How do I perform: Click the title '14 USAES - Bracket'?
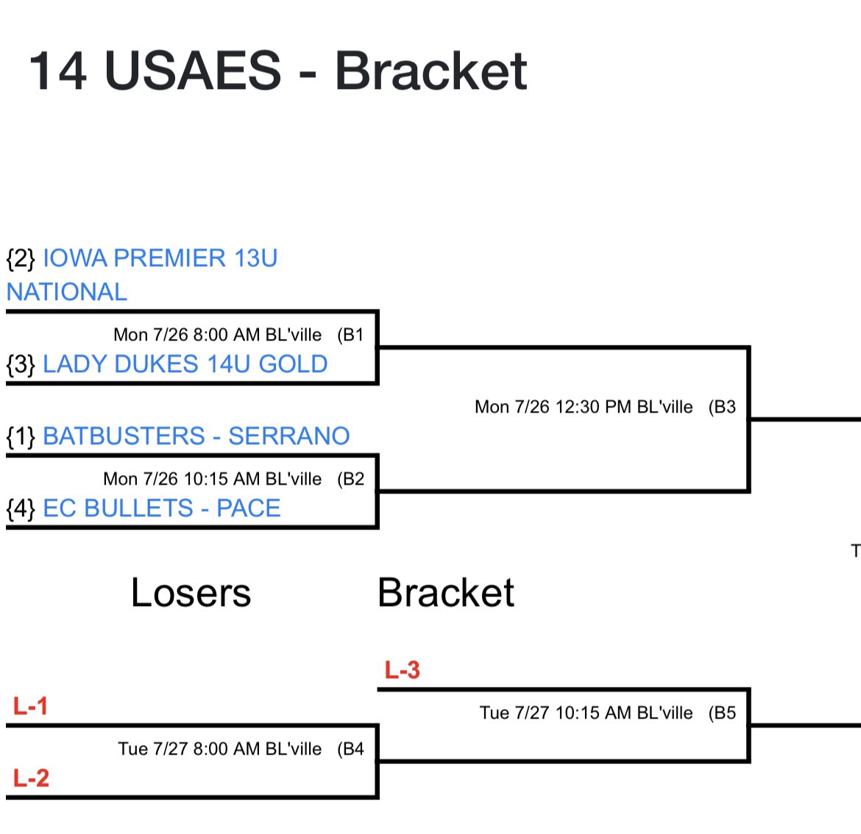point(277,71)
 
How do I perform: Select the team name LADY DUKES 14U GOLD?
point(185,364)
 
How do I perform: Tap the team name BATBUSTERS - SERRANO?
point(196,436)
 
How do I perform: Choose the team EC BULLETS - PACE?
point(161,508)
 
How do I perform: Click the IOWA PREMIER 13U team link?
point(160,258)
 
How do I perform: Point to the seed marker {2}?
point(21,258)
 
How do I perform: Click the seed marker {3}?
point(21,364)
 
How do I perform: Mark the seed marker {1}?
point(21,436)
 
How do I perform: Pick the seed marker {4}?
point(21,508)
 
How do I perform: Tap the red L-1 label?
point(31,707)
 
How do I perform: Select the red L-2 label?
point(31,778)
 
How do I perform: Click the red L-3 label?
point(402,670)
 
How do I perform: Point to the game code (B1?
point(350,335)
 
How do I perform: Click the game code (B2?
point(350,480)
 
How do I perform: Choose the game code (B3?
point(722,407)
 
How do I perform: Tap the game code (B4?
point(350,749)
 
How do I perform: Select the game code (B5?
point(722,713)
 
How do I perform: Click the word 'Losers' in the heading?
point(191,593)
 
